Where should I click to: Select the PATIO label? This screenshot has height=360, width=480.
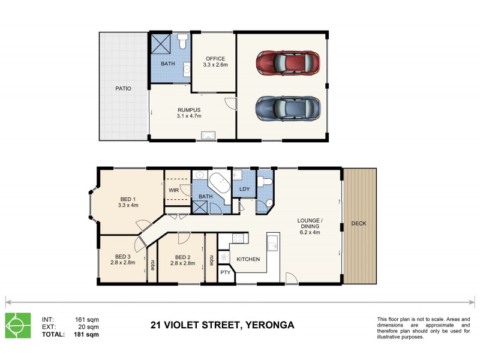click(x=124, y=89)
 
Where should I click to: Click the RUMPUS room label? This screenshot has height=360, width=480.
click(x=189, y=113)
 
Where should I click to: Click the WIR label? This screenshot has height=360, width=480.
click(x=174, y=190)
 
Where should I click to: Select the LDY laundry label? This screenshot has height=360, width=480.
click(x=244, y=190)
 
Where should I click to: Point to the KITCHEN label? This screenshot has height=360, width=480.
click(x=248, y=259)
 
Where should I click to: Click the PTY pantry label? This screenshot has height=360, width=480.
click(x=225, y=273)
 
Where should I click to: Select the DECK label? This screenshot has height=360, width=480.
click(x=359, y=224)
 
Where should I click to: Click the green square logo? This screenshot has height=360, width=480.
click(x=18, y=326)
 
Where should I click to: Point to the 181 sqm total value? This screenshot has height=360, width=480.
click(x=86, y=335)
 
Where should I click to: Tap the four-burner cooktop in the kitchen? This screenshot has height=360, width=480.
click(x=238, y=238)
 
